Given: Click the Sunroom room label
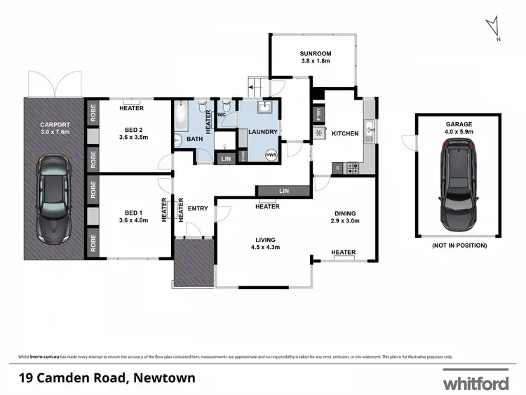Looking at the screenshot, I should (x=315, y=53).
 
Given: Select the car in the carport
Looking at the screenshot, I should (x=53, y=199).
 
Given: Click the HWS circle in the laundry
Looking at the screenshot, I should (x=271, y=154).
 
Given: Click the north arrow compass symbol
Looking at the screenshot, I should (x=494, y=28).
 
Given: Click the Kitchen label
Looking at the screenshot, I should (x=345, y=133).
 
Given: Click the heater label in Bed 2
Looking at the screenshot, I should (x=131, y=108).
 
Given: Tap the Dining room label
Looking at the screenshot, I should (x=345, y=214).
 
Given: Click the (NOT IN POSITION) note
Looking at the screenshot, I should (x=459, y=246).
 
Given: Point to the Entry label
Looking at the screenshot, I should (x=198, y=208).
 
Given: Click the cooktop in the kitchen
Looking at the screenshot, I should (x=353, y=168).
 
